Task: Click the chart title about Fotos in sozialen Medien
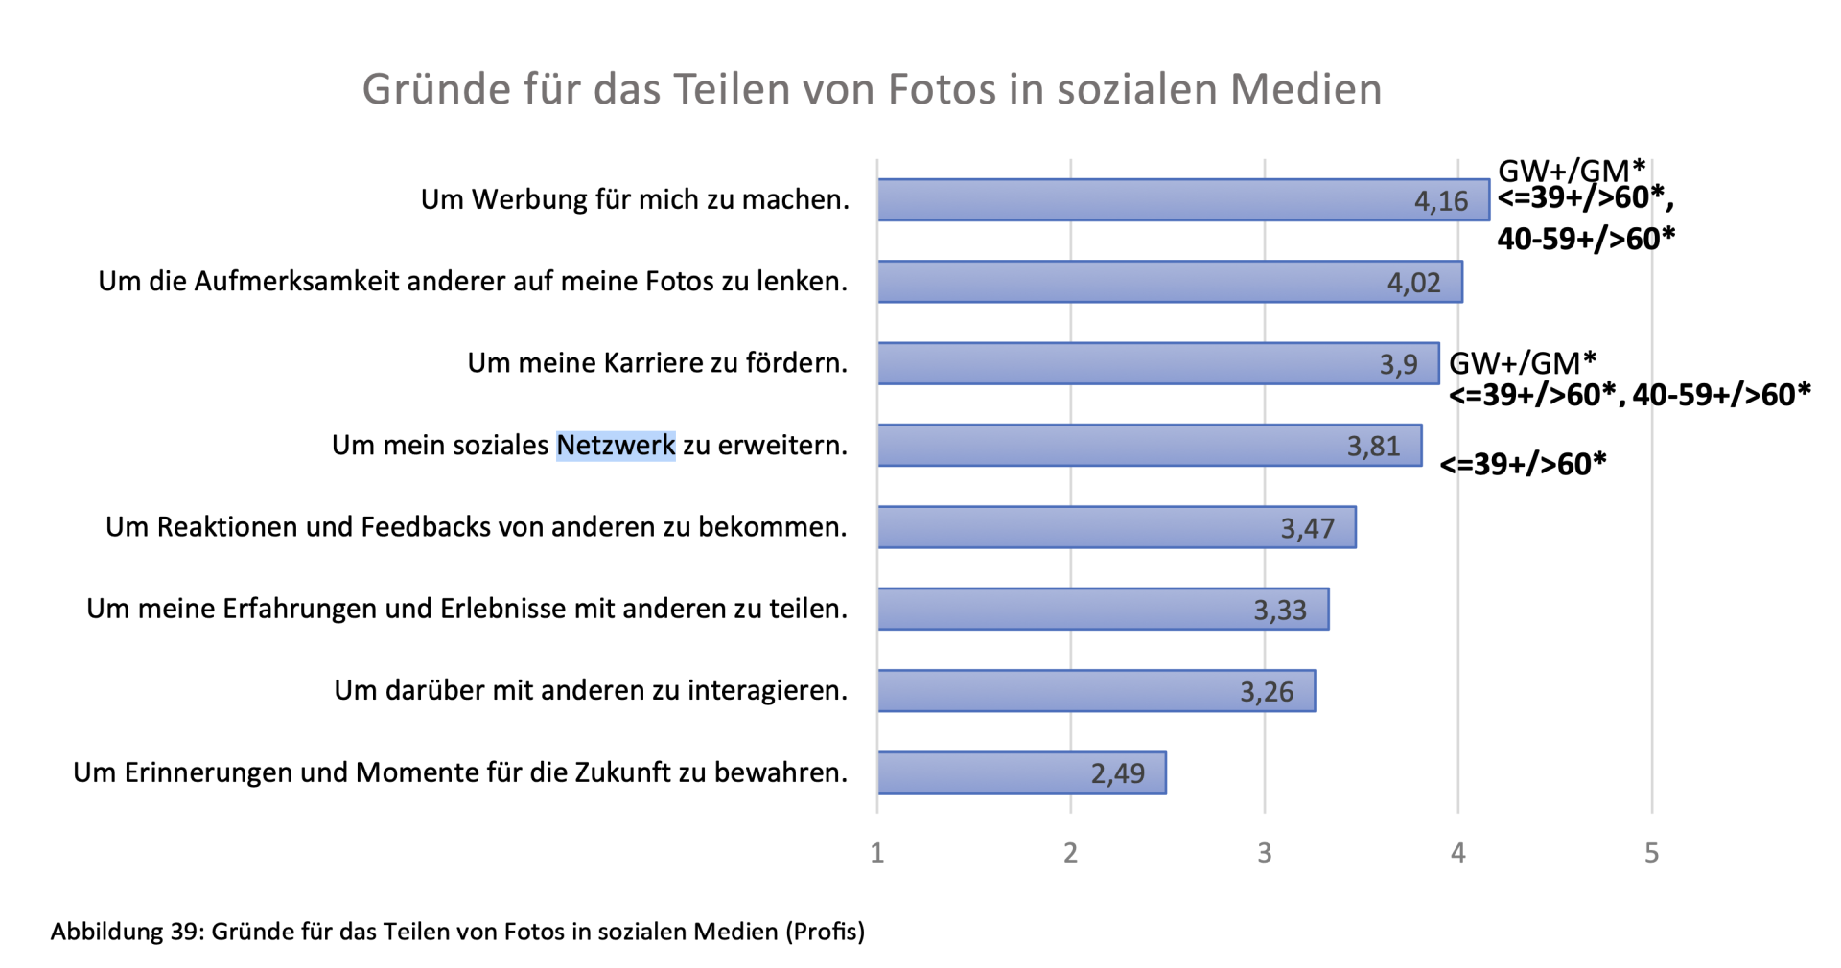(x=872, y=89)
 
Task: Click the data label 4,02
(x=1413, y=283)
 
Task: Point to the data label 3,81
(x=1373, y=446)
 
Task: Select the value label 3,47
(x=1307, y=528)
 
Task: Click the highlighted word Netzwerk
(x=616, y=446)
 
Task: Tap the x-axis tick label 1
(x=876, y=853)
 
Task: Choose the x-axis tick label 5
(x=1651, y=853)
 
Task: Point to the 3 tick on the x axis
(x=1264, y=853)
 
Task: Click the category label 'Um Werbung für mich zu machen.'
(x=635, y=199)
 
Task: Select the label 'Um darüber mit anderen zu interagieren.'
(x=591, y=690)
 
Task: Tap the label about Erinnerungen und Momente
(x=460, y=772)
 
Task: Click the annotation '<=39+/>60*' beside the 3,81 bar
(x=1523, y=465)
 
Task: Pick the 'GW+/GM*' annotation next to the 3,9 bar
(x=1522, y=363)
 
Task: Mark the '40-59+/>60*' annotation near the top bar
(x=1586, y=239)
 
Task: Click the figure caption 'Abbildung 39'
(x=457, y=931)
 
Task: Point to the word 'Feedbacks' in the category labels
(x=424, y=527)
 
